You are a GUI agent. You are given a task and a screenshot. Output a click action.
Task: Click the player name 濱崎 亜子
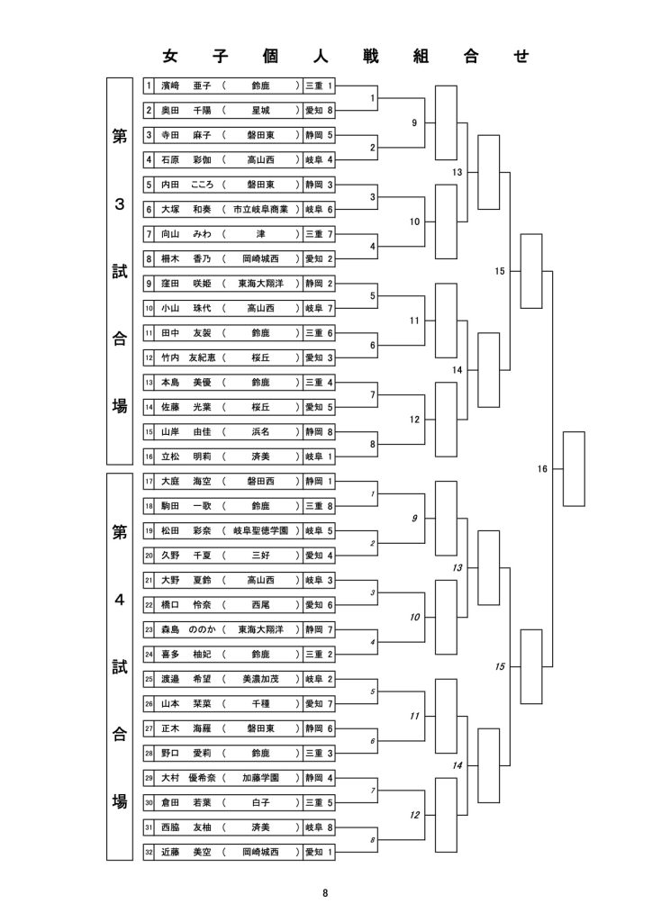[186, 86]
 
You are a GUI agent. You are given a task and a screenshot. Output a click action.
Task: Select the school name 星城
[260, 111]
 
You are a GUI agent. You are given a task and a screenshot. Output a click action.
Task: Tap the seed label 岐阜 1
[319, 456]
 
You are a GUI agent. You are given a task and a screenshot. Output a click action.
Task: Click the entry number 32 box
[149, 852]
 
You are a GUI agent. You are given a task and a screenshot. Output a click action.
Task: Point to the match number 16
[542, 468]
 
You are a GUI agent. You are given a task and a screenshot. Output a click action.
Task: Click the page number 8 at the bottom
[325, 892]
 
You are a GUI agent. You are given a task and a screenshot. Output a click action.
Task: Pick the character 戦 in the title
[371, 57]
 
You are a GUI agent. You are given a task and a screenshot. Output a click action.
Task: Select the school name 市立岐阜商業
[260, 209]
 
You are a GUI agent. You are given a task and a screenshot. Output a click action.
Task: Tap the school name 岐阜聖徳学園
[260, 530]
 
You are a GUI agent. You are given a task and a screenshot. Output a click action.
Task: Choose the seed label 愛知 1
[319, 852]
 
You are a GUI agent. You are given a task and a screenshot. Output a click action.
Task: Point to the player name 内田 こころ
[187, 185]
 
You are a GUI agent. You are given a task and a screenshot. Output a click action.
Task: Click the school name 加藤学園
[260, 777]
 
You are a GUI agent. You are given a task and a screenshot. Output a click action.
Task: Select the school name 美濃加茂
[260, 679]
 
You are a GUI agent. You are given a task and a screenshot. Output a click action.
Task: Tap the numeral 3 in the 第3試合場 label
[120, 204]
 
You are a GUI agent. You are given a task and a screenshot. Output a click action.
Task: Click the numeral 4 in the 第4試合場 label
[120, 600]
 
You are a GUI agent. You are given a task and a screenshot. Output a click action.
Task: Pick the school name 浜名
[260, 431]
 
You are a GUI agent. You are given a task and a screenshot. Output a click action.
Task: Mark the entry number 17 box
[149, 481]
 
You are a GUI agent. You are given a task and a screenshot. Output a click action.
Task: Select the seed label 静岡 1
[319, 481]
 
